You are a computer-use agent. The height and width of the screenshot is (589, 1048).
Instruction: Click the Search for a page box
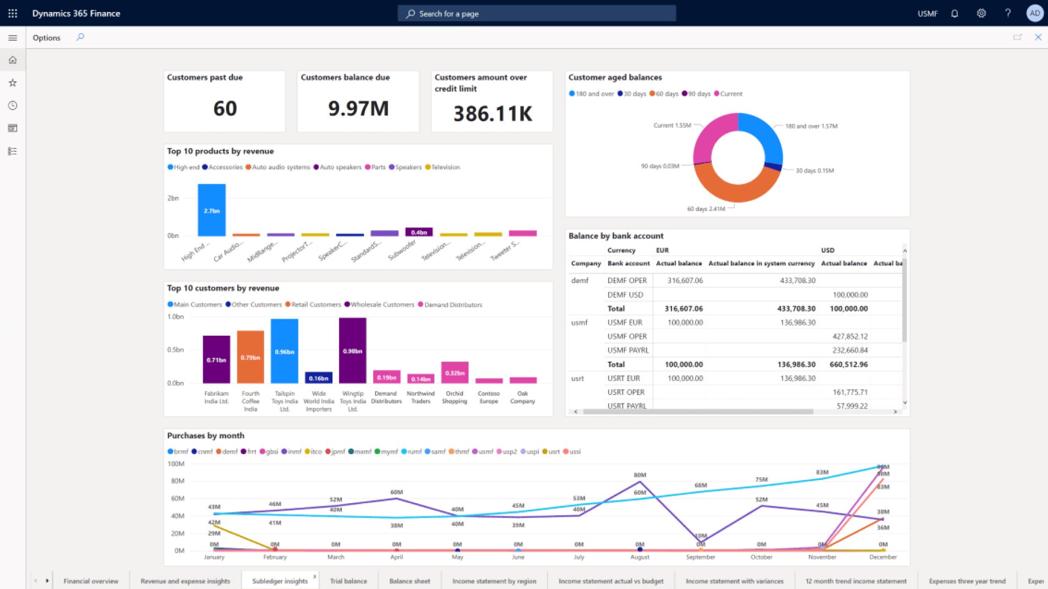pos(537,13)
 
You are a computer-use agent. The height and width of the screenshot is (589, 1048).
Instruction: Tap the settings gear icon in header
pos(981,13)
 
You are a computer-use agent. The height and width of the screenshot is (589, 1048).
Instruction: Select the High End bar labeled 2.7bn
pos(212,210)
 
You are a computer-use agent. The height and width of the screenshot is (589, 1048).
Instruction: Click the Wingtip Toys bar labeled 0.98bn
pos(353,350)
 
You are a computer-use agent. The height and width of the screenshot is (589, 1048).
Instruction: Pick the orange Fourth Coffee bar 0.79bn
pos(250,357)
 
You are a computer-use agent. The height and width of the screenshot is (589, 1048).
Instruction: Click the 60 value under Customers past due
pos(225,108)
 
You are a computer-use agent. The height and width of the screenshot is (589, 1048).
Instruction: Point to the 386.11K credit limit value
pos(493,114)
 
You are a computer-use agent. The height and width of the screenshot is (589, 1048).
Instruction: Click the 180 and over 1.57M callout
pos(811,126)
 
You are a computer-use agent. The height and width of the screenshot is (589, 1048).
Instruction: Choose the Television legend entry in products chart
pos(445,167)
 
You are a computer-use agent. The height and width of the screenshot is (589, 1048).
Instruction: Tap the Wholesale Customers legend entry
pos(382,304)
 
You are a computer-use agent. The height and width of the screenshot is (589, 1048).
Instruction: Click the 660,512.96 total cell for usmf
pos(848,364)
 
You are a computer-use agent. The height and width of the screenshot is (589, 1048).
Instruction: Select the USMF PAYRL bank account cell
pos(628,350)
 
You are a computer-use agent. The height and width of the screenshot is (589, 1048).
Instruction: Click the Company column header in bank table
pos(586,264)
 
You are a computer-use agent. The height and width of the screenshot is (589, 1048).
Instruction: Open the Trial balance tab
pos(348,581)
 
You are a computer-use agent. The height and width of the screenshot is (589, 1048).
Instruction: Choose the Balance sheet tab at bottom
pos(410,581)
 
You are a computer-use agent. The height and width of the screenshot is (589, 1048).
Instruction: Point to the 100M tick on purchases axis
pos(176,464)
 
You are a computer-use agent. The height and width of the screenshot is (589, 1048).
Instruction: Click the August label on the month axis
pos(640,557)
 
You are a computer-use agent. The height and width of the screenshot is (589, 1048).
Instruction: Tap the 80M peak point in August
pos(640,482)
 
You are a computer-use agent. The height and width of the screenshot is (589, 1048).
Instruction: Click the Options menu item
pos(46,37)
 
